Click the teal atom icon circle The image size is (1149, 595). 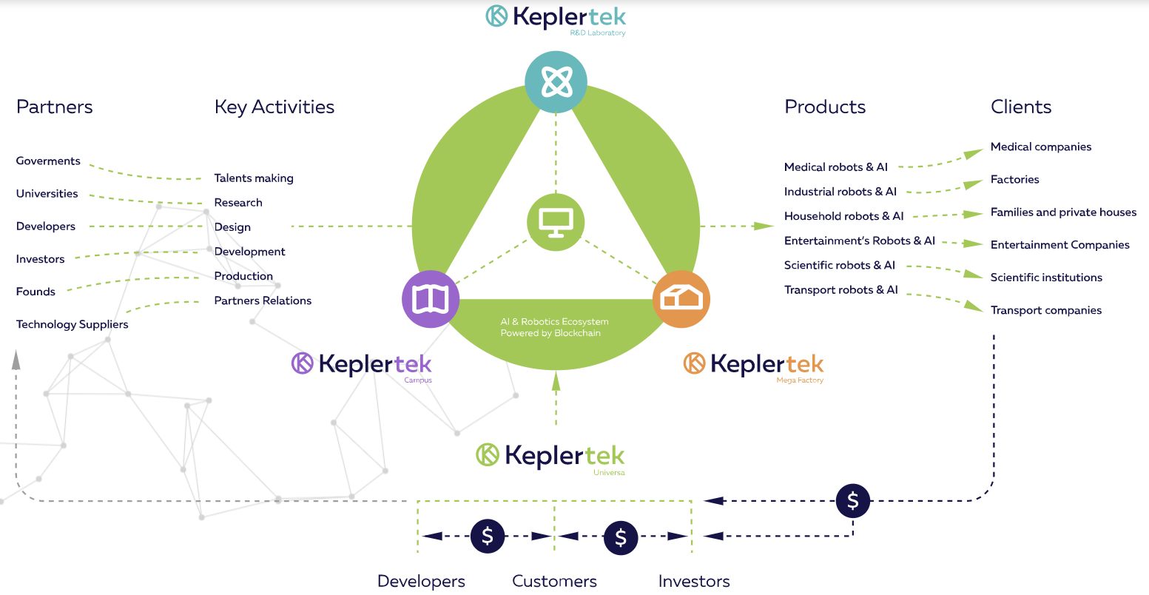(x=556, y=82)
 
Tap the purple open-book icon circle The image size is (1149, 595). (x=431, y=299)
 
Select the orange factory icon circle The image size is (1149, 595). (x=681, y=299)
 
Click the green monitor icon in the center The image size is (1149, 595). (x=556, y=222)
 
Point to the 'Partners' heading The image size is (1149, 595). (x=54, y=107)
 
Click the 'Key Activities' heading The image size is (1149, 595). (x=274, y=107)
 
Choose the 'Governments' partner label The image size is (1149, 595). (x=48, y=161)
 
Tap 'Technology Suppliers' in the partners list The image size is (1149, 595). (x=73, y=324)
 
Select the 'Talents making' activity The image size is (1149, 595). (x=254, y=178)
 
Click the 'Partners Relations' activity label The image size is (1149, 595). (x=263, y=300)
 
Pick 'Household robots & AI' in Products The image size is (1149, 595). (x=843, y=216)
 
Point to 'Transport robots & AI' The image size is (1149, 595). (x=841, y=290)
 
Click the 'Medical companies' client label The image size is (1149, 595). (x=1041, y=147)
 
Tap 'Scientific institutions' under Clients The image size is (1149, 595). (x=1046, y=278)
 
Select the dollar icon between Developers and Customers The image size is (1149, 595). (x=488, y=537)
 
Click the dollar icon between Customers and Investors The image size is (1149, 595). (x=621, y=537)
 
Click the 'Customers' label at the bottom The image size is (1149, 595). (x=554, y=581)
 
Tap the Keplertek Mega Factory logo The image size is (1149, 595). (x=753, y=367)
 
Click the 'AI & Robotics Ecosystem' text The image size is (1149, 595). (x=554, y=322)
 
